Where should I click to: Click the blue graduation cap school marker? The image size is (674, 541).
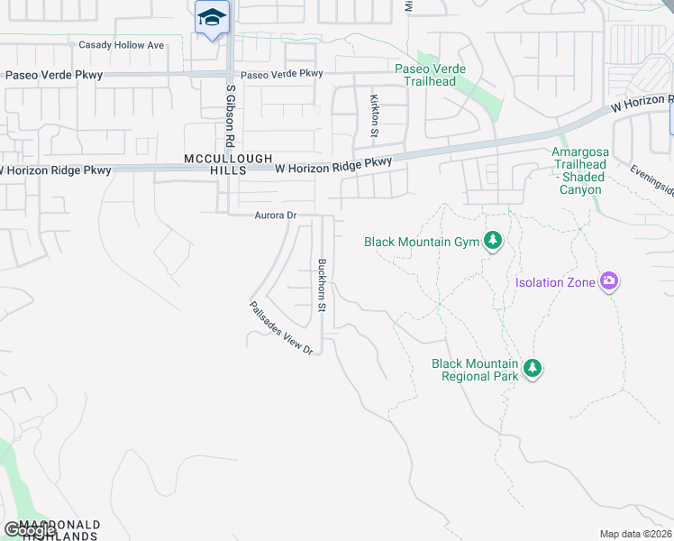(x=212, y=18)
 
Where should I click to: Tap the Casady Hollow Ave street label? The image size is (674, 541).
(x=122, y=45)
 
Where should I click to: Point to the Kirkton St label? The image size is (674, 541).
(x=373, y=115)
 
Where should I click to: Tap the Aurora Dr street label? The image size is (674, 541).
(x=276, y=215)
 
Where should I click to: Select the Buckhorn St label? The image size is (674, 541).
(x=321, y=286)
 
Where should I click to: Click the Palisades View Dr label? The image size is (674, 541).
(x=281, y=327)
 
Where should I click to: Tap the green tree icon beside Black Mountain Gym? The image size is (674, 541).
(x=492, y=241)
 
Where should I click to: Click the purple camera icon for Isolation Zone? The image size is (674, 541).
(x=610, y=282)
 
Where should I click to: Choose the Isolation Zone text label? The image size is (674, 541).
(x=555, y=282)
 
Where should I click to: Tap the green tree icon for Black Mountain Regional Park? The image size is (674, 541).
(x=533, y=369)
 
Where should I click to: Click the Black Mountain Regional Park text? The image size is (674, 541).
(x=475, y=370)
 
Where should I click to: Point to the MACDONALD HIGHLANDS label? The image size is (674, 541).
(x=50, y=530)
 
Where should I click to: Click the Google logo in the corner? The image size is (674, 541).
(x=30, y=530)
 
